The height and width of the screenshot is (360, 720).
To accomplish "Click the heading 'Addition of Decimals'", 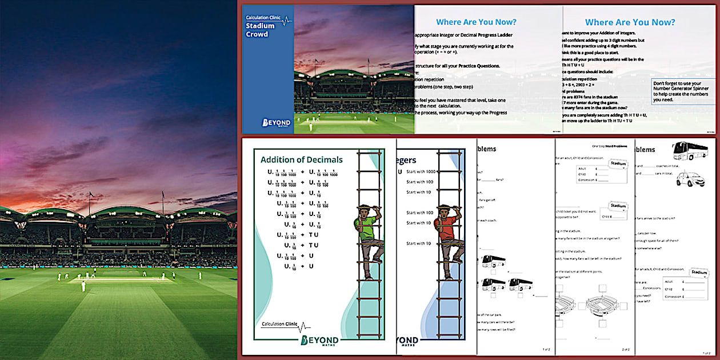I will click(302, 160).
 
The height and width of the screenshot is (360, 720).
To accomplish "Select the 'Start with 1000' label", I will click(420, 171).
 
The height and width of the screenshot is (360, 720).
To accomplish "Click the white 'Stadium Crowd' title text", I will click(260, 30).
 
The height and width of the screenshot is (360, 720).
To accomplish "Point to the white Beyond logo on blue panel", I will click(276, 122).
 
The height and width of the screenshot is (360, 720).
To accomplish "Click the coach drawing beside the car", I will click(690, 150).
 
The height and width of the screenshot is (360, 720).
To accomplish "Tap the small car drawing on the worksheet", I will click(690, 179).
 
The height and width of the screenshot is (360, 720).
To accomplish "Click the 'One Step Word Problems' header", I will click(609, 146).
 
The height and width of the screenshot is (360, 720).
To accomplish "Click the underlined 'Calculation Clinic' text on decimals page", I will click(280, 325).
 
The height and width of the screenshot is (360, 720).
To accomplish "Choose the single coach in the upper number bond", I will click(493, 261).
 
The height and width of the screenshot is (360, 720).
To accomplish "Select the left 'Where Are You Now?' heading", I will click(476, 22).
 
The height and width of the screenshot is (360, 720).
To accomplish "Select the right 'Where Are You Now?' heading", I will click(630, 22).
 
